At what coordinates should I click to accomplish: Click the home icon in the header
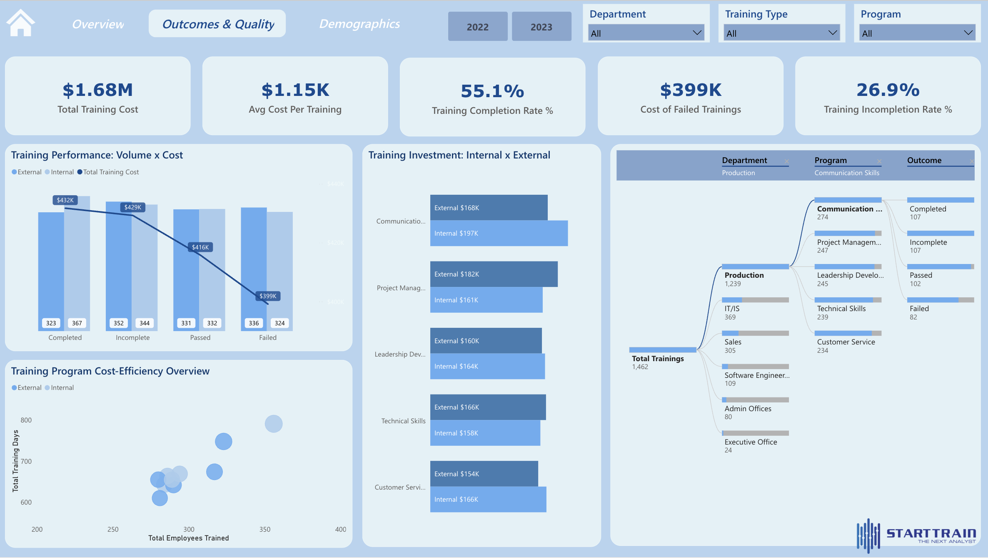pos(21,23)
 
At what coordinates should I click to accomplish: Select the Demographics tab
pos(359,24)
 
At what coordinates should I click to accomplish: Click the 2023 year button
pos(541,27)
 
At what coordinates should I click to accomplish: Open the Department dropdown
pos(646,33)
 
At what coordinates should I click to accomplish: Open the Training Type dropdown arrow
pos(832,33)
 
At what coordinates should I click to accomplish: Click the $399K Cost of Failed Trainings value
pos(691,90)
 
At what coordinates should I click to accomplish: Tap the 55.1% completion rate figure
pos(492,91)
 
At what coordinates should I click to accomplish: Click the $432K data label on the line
pos(65,200)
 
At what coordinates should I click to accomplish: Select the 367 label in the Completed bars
pos(77,323)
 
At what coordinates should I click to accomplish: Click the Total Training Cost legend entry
pos(111,172)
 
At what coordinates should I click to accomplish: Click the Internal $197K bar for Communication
pos(499,233)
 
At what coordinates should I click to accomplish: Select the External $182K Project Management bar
pos(494,274)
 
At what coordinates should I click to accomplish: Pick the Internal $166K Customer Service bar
pos(488,499)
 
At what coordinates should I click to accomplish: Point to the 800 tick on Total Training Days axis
pos(26,420)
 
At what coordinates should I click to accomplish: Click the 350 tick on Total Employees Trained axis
pos(265,529)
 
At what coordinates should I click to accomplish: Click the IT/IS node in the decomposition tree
pos(732,309)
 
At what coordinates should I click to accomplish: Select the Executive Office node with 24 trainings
pos(751,442)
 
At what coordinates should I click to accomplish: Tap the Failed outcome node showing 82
pos(919,309)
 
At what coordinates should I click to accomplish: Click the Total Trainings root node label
pos(658,359)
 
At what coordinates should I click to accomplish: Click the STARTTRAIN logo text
pos(931,533)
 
